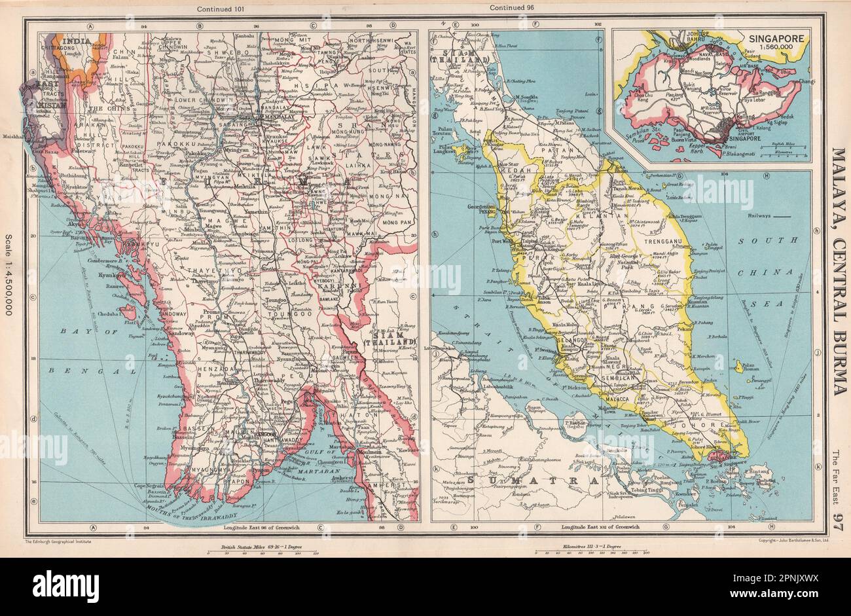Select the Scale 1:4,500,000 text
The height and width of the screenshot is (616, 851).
click(9, 276)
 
